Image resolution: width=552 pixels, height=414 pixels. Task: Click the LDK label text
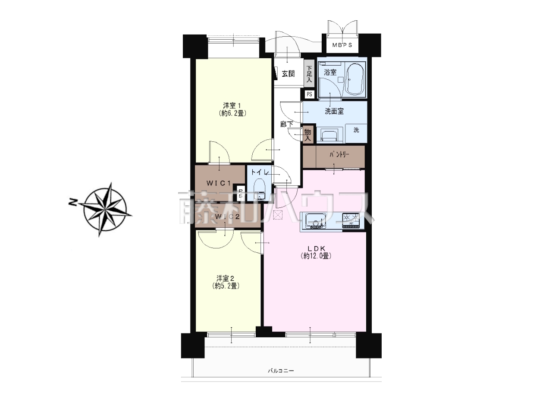click(316, 248)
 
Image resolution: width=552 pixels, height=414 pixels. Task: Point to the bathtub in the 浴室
click(355, 78)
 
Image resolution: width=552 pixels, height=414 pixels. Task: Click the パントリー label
click(339, 154)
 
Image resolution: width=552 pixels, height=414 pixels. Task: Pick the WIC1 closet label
click(219, 183)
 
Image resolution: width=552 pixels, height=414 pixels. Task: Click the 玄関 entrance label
click(288, 74)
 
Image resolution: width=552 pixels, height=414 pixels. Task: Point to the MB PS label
click(342, 45)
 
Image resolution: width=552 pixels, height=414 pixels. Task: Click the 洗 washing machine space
click(356, 133)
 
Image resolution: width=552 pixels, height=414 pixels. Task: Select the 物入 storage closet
click(308, 135)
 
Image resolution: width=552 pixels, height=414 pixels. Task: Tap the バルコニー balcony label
click(281, 377)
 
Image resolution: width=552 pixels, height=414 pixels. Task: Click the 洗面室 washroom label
click(334, 111)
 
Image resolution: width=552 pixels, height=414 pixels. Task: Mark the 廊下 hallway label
click(286, 124)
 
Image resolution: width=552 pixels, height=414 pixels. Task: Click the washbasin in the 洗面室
click(329, 135)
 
